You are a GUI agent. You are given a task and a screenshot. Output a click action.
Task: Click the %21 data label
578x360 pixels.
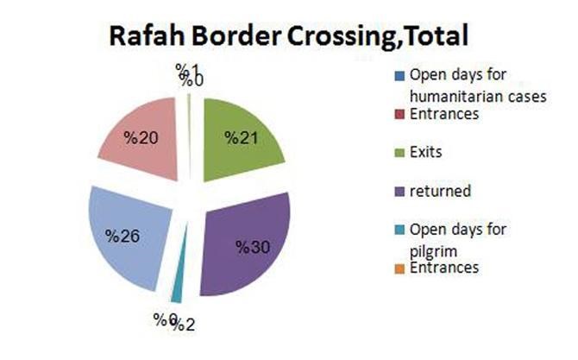pos(242,137)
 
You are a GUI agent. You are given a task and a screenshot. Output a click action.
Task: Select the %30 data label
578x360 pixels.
pos(253,247)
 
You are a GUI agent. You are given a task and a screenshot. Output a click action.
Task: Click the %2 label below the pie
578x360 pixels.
pos(183,325)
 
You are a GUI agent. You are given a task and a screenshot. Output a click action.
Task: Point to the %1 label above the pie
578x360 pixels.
pos(186,68)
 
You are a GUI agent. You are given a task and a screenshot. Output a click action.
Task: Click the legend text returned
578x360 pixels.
pos(442,190)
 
